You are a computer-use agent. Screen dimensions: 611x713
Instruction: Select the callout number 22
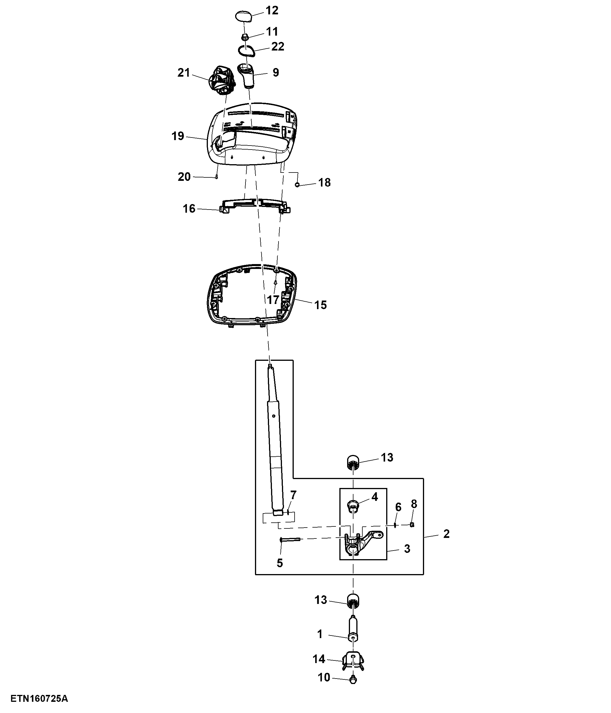pos(278,46)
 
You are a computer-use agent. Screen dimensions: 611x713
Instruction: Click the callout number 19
pos(178,136)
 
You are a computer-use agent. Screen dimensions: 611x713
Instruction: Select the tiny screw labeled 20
pos(216,177)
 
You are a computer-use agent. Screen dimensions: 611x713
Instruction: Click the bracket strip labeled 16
pos(254,205)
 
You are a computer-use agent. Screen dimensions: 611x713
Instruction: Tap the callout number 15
pos(320,305)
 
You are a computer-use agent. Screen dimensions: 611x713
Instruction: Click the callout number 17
pos(273,300)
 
